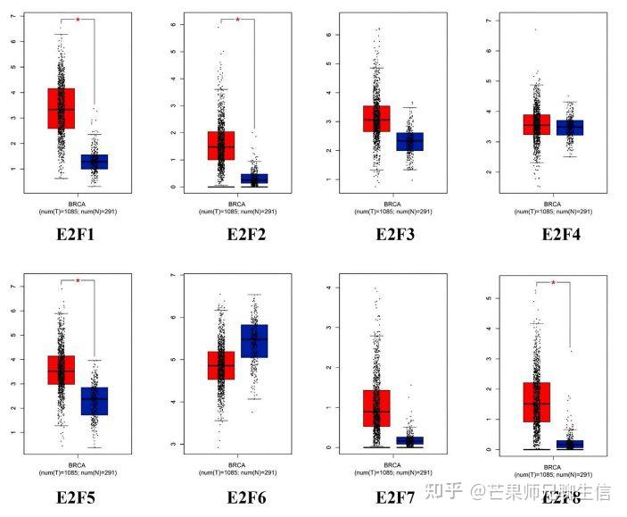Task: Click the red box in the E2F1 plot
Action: point(61,108)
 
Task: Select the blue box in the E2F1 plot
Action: point(94,162)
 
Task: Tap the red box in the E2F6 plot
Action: point(220,365)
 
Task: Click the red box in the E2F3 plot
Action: point(376,118)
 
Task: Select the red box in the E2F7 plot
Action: point(376,408)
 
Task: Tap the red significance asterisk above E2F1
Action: point(78,20)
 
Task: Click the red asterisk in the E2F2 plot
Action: point(237,20)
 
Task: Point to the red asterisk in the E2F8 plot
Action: point(553,283)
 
